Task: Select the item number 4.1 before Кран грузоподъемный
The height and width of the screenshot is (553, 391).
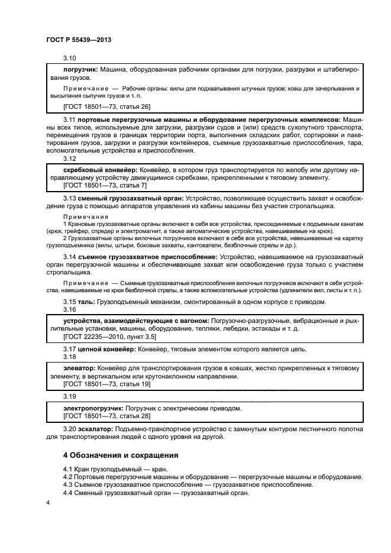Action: point(69,468)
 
